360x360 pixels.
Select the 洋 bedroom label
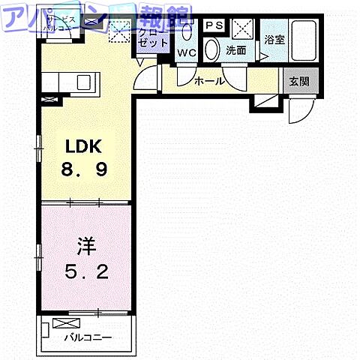point(85,244)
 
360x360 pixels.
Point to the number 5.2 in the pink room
point(85,269)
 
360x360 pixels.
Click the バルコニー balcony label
point(87,338)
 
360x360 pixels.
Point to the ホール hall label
point(208,81)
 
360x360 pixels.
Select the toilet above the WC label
point(187,33)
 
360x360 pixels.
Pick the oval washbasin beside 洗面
point(212,50)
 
